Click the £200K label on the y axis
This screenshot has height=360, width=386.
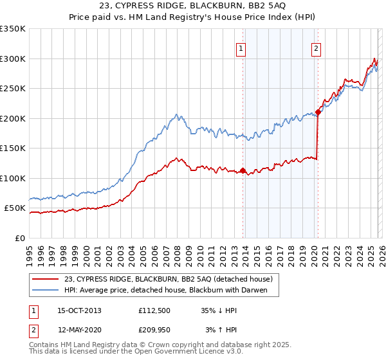(x=13, y=118)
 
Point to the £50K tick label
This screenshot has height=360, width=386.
(x=15, y=208)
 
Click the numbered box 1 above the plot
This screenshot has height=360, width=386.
(x=241, y=48)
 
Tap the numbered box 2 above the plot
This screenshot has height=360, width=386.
(x=317, y=48)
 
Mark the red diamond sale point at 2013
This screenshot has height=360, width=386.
(x=243, y=170)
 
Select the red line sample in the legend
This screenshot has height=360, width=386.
(x=46, y=279)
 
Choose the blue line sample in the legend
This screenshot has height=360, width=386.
(x=46, y=290)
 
